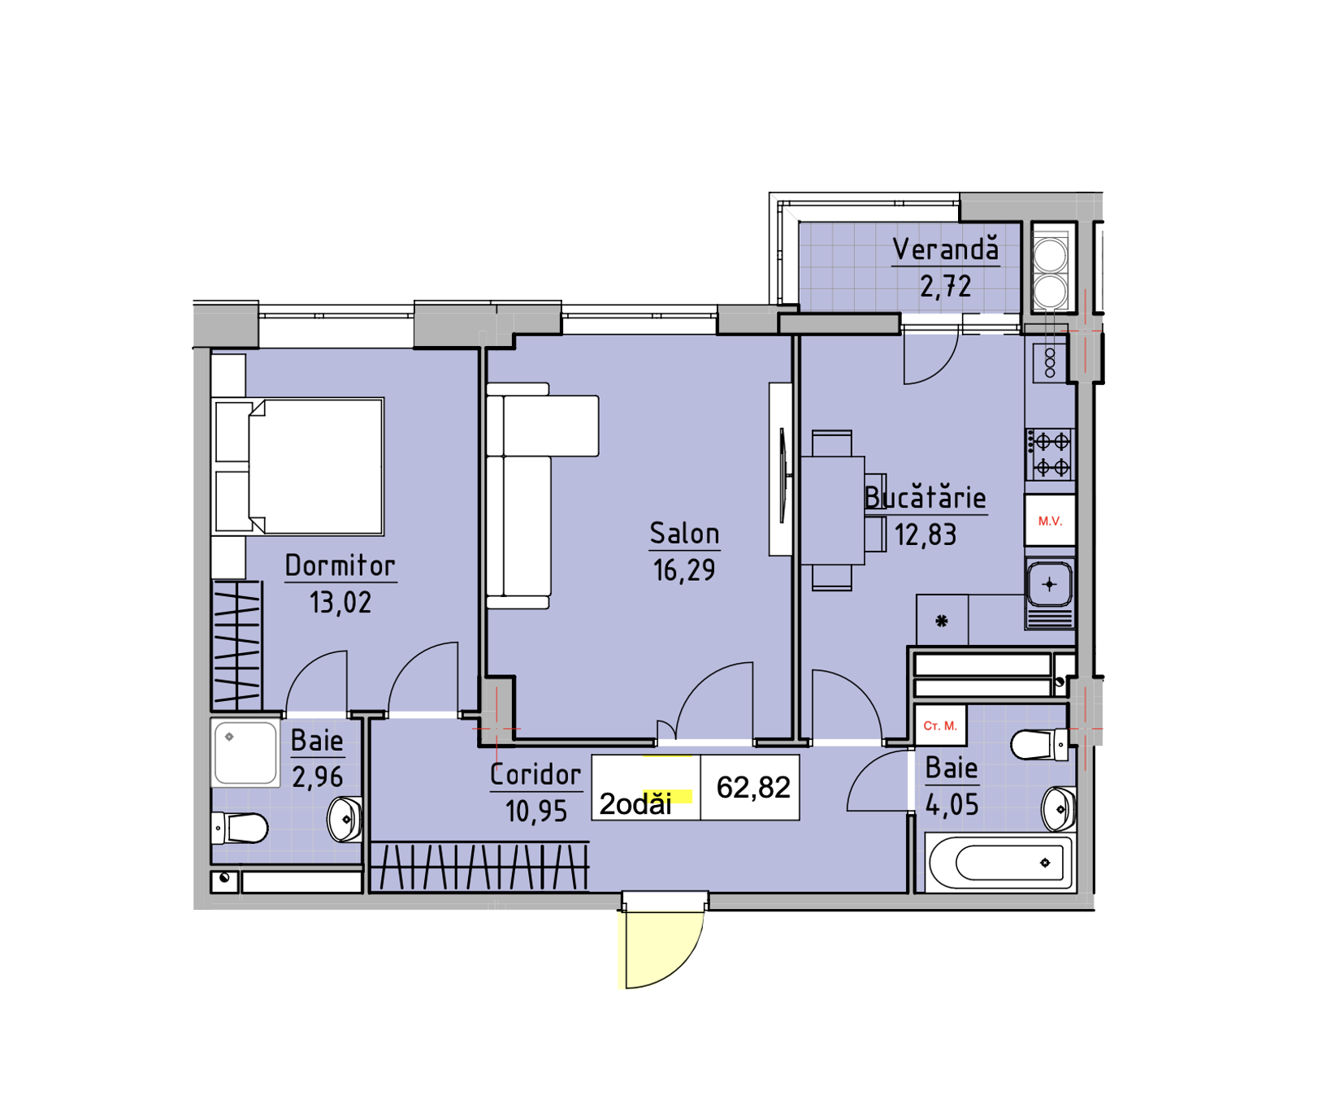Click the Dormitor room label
[340, 565]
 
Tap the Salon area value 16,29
[684, 570]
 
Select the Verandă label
[946, 249]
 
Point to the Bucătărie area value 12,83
[926, 535]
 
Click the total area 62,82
[753, 787]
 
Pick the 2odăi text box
[646, 788]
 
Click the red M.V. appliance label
[1050, 521]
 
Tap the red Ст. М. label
[940, 725]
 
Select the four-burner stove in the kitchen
[1051, 455]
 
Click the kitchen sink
[1050, 584]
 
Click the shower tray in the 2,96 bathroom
[245, 753]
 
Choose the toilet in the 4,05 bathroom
[1039, 745]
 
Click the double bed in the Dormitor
[298, 466]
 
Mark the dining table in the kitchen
[833, 510]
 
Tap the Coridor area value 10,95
[536, 811]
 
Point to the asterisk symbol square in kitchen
[942, 621]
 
